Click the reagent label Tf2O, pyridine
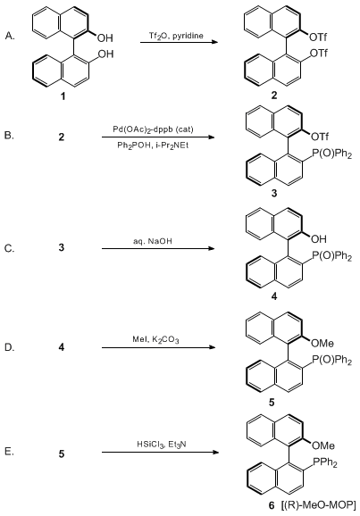(x=176, y=36)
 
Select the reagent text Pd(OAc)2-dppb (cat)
(x=153, y=129)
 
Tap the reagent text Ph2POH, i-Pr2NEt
(x=153, y=146)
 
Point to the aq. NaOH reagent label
(x=153, y=241)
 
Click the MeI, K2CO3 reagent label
(x=155, y=339)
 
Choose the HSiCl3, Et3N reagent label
(x=162, y=445)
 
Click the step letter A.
(x=10, y=36)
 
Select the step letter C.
(x=10, y=248)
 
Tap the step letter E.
(x=9, y=452)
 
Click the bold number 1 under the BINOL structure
(x=63, y=96)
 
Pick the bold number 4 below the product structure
(x=274, y=296)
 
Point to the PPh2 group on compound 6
(x=324, y=463)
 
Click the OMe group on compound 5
(x=322, y=343)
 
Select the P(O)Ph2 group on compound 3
(x=331, y=154)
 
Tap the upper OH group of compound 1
(x=105, y=38)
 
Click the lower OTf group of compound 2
(x=319, y=53)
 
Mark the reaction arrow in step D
(x=158, y=347)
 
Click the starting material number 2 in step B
(x=62, y=137)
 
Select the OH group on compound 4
(x=319, y=239)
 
